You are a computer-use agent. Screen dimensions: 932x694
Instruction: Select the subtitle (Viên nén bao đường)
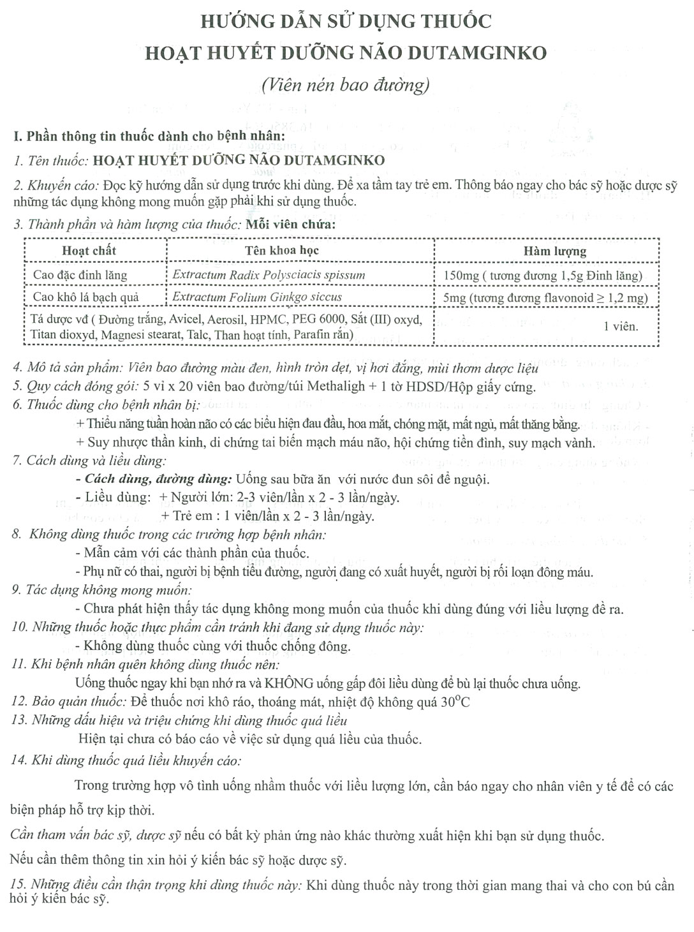click(345, 85)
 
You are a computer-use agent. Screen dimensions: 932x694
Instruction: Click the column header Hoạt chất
click(89, 251)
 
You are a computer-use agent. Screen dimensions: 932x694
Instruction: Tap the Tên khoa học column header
click(281, 251)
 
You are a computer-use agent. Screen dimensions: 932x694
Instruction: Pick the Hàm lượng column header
click(554, 251)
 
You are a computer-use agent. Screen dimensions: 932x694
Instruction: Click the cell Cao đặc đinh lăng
click(80, 276)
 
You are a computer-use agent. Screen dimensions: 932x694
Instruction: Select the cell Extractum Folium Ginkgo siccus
click(257, 297)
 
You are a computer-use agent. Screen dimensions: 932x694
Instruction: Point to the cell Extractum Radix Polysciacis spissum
click(269, 276)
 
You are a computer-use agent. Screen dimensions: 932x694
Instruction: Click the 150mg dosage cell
click(542, 276)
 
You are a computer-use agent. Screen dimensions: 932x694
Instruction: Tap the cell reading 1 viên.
click(621, 327)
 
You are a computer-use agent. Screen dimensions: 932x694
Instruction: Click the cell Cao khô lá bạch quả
click(85, 297)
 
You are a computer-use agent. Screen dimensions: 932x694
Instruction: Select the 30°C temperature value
click(455, 702)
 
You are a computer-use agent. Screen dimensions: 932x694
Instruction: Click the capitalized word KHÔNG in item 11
click(289, 684)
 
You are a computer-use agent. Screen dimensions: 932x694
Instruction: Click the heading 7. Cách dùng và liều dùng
click(89, 461)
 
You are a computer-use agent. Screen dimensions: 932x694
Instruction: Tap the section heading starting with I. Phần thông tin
click(149, 137)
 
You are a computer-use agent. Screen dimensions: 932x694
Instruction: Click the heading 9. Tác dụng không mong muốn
click(101, 590)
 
